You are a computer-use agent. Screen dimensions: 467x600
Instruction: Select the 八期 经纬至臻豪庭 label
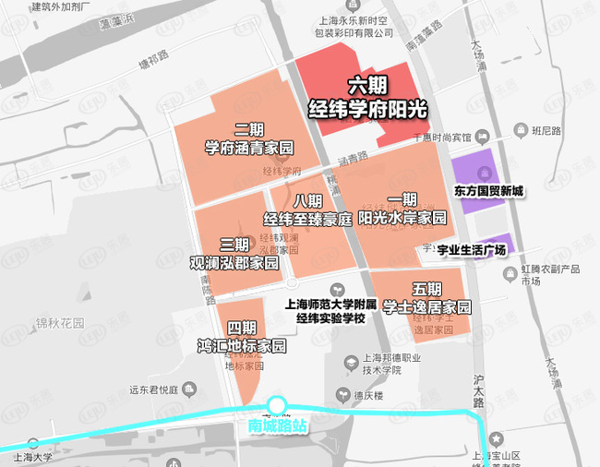point(308,211)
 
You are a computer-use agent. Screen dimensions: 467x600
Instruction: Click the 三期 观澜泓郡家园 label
point(234,255)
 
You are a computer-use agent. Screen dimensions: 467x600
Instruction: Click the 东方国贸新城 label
point(488,191)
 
